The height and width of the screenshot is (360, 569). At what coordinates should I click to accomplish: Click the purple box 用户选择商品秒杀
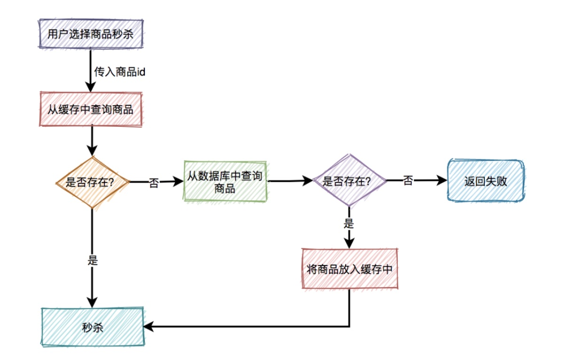(91, 33)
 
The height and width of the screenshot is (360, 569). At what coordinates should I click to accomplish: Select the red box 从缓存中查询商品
(91, 110)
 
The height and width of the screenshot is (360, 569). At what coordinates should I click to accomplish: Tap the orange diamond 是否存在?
(92, 182)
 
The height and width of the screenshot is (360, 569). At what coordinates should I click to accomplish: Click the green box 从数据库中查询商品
(225, 181)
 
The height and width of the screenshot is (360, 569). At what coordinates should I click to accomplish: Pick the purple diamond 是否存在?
(349, 181)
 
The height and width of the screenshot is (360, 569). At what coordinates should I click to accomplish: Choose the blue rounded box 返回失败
(485, 181)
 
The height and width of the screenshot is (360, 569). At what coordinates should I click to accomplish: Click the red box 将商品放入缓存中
(349, 269)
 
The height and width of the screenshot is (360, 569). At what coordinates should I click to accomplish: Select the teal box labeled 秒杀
(92, 328)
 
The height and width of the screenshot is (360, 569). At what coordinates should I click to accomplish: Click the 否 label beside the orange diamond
(153, 183)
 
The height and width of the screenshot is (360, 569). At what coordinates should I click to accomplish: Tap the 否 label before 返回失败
(408, 180)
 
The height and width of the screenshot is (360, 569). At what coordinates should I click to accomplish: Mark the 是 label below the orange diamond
(93, 260)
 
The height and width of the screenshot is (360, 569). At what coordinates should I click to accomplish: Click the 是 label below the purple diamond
(348, 223)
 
